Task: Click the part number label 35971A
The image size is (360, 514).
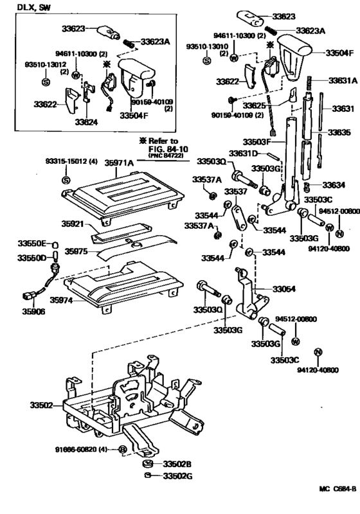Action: pos(120,164)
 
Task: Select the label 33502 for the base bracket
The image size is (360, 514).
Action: pos(42,405)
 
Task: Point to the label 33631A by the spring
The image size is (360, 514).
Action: pos(343,81)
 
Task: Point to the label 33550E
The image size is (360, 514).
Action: pos(35,244)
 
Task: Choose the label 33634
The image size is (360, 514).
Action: pos(334,185)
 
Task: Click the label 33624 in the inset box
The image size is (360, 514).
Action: pos(86,120)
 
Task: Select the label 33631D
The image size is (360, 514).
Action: pos(245,154)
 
